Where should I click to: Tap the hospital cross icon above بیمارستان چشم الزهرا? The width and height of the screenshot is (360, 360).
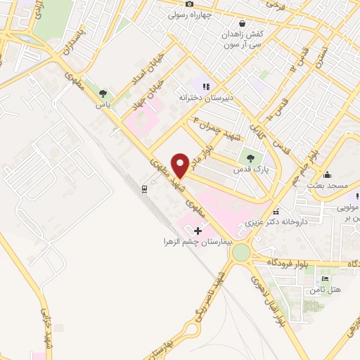[x=198, y=230]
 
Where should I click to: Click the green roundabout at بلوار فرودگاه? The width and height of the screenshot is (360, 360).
[x=241, y=252]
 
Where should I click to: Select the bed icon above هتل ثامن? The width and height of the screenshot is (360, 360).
[x=324, y=279]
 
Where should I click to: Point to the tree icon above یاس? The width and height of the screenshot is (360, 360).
[x=103, y=93]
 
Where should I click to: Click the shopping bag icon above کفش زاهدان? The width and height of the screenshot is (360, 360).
[x=242, y=22]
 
